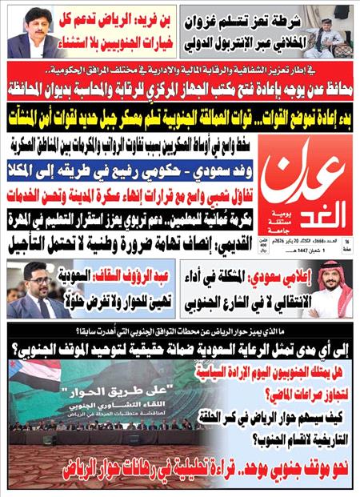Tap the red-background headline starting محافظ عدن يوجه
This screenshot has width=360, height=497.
pos(179,85)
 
